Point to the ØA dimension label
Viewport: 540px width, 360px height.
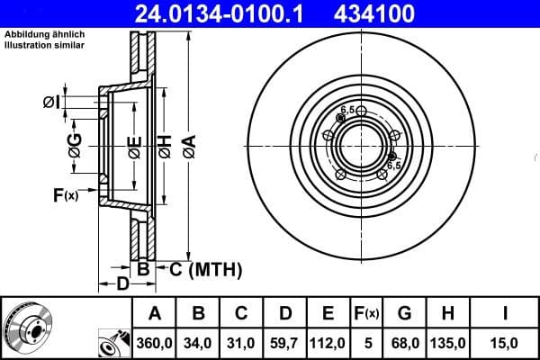190,144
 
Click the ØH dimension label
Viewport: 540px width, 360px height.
165,144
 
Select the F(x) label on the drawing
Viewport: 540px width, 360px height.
66,193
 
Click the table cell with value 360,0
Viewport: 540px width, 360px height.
154,342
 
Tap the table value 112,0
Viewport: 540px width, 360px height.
328,342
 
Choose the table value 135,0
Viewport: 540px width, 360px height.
448,342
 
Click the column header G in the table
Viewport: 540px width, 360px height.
404,313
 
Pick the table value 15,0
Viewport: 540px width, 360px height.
505,342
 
